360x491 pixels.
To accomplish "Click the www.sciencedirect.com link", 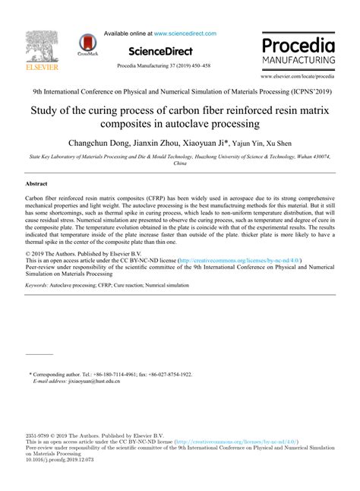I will tap(185, 33).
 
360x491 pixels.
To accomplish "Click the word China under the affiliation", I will tap(180, 163).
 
